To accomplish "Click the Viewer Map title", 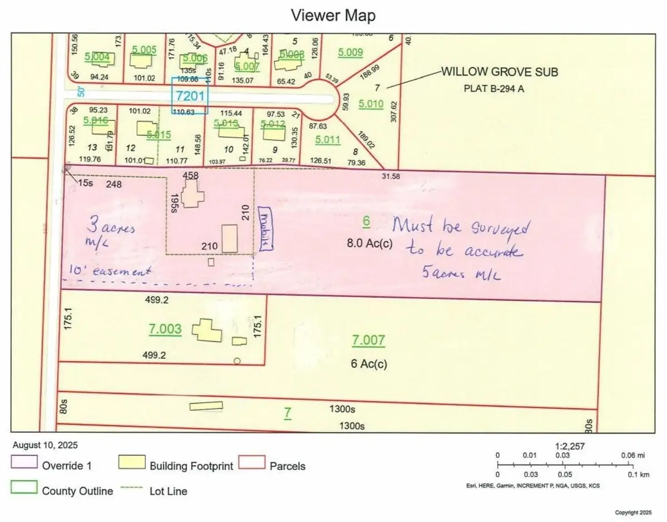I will tap(333, 16).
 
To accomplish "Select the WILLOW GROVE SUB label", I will tap(499, 72).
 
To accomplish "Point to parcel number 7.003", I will tap(165, 329).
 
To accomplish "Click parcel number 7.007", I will tap(369, 339).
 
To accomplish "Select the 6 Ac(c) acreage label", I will tap(369, 364).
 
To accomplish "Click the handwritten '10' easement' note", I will tap(110, 271).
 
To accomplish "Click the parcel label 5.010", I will tap(371, 104).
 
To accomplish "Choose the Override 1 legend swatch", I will tap(24, 464).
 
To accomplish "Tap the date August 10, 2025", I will tap(44, 446).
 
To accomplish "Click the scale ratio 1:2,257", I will tap(570, 446).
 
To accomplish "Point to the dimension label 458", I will tap(191, 175).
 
